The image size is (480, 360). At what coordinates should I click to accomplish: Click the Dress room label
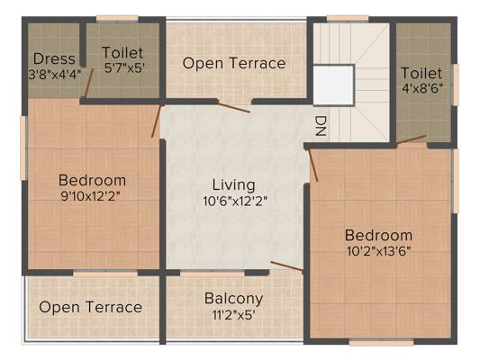[54, 58]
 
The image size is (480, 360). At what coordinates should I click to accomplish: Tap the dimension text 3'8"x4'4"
[55, 75]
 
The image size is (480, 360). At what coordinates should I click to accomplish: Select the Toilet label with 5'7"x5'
[122, 53]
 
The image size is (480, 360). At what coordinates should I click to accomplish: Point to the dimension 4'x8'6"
[422, 89]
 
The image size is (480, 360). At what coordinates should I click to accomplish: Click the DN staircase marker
[321, 126]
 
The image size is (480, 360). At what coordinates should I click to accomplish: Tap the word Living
[233, 185]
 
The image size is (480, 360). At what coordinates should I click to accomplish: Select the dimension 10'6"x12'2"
[235, 202]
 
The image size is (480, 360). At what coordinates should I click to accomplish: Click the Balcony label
[233, 299]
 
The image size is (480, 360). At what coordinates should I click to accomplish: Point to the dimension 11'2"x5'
[233, 315]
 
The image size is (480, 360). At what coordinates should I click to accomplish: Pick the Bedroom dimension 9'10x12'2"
[90, 196]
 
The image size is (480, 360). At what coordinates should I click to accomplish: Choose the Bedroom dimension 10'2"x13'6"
[378, 251]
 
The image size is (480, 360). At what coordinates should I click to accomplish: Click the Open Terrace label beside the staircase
[234, 63]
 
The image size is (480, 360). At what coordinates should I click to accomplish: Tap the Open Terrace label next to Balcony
[91, 307]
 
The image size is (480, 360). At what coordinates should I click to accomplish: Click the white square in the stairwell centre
[333, 85]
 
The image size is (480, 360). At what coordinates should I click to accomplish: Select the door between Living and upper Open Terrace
[233, 107]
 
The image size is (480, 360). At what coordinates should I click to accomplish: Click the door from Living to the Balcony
[287, 266]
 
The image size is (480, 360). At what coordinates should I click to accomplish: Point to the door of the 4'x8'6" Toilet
[412, 139]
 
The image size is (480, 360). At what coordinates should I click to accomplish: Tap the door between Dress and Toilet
[89, 81]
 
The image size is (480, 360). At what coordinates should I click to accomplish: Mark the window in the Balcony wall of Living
[213, 274]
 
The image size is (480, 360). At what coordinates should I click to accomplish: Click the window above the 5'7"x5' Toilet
[117, 19]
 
